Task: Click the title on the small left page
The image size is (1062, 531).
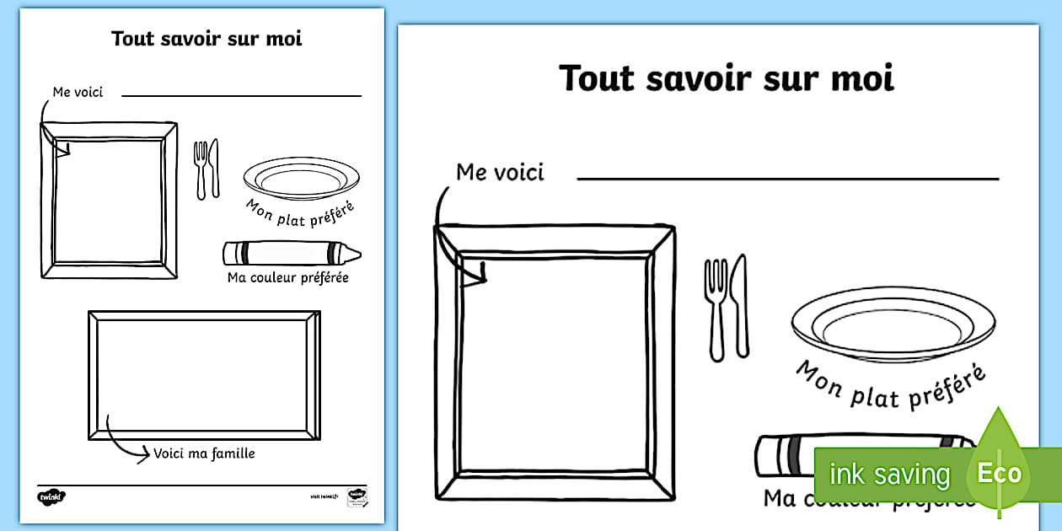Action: pos(206,39)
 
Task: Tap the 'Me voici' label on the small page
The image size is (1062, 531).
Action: pos(78,92)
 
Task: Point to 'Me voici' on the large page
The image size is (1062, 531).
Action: pos(500,172)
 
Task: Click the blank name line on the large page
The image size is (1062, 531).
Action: pos(787,178)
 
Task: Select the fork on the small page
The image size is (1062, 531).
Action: pos(201,169)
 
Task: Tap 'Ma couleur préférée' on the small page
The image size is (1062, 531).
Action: pos(287,277)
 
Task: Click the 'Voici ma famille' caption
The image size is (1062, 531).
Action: pos(204,453)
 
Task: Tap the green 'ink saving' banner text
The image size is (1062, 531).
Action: pos(888,475)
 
